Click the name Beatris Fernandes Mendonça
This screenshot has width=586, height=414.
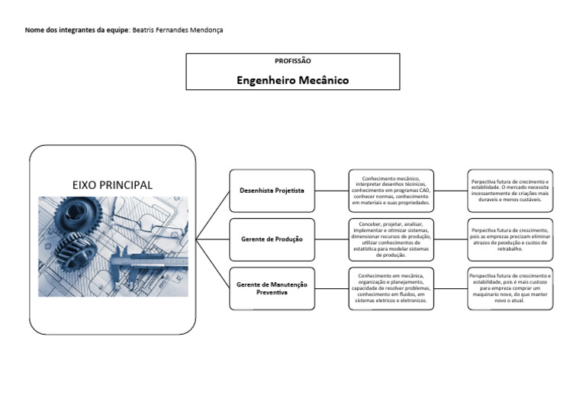[178, 30]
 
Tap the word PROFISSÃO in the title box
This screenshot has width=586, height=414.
[292, 61]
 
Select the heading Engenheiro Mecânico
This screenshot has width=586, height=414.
[292, 79]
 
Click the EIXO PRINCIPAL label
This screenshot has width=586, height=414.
[112, 185]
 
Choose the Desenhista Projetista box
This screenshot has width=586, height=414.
[272, 191]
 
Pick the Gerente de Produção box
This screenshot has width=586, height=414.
[272, 239]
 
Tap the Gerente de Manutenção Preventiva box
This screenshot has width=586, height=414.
[272, 288]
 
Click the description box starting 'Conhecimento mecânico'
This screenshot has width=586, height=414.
[391, 191]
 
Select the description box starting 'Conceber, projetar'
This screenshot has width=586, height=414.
[391, 239]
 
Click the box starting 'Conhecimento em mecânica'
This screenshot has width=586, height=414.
[391, 288]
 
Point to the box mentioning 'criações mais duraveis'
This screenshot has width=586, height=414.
[510, 191]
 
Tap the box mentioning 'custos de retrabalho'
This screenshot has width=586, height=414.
[510, 239]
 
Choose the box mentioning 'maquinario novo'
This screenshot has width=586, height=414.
[510, 288]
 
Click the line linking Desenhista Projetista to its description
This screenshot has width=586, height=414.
[332, 191]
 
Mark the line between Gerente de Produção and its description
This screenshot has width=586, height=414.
[332, 239]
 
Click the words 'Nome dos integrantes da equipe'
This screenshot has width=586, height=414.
[76, 30]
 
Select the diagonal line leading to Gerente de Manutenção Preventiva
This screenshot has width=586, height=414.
[213, 264]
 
